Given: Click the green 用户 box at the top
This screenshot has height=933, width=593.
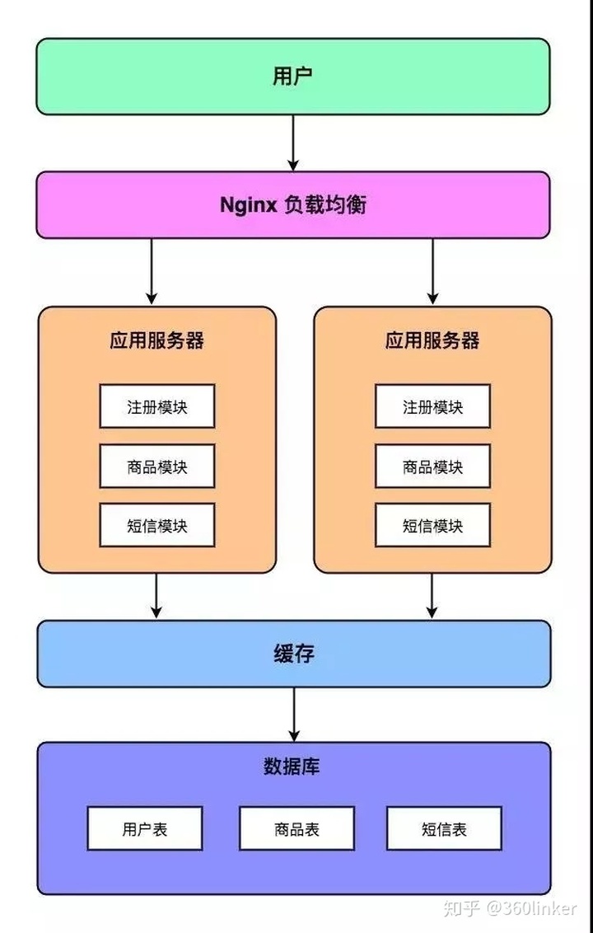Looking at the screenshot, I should tap(292, 77).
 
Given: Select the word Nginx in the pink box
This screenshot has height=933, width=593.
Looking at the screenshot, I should tap(248, 205).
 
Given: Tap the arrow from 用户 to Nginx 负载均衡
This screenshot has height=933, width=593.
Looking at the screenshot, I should tap(293, 143).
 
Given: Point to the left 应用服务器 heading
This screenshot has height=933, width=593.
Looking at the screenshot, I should tap(156, 340).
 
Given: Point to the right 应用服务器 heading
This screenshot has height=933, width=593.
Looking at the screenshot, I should tap(432, 340).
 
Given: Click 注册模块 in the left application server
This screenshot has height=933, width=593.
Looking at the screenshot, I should tap(156, 406).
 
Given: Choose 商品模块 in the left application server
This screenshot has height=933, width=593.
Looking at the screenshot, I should tap(156, 466).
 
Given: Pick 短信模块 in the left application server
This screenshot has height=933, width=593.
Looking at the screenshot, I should tap(156, 526).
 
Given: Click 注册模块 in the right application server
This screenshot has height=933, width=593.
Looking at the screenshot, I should tap(432, 406).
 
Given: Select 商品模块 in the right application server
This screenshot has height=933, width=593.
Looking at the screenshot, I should tap(432, 466).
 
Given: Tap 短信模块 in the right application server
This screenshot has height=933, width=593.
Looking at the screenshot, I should tap(432, 526).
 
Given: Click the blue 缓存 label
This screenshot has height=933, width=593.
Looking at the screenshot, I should tap(293, 654).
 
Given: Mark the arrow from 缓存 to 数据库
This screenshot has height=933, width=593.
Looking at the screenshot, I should tap(293, 714).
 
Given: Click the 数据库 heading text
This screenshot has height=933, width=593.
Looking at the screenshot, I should tap(292, 767).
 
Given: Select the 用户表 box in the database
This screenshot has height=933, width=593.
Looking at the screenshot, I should tap(145, 828).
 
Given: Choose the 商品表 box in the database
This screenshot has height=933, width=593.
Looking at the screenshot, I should tap(296, 828).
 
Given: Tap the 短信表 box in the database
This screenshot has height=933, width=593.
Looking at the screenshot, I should tap(444, 828).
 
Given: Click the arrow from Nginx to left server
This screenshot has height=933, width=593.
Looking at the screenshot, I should tap(151, 272).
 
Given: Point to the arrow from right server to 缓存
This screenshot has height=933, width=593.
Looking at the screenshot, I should tap(432, 595).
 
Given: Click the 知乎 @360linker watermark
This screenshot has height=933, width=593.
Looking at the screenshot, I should tap(510, 909).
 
